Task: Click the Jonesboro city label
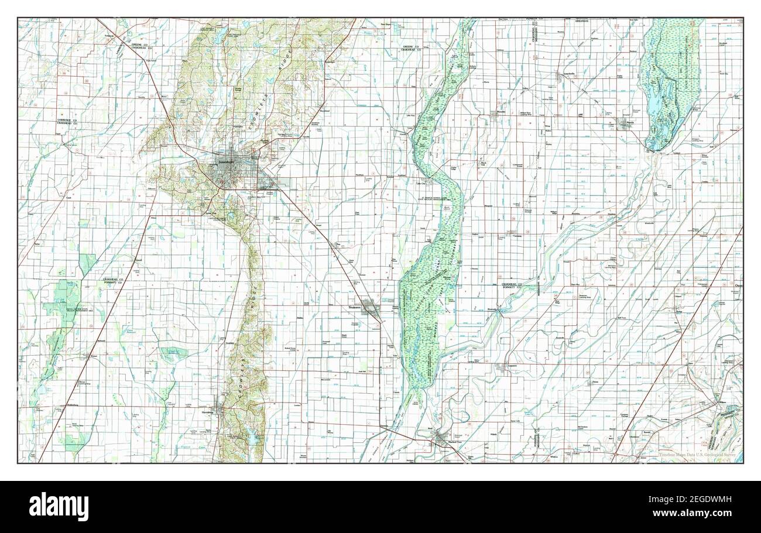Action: point(225,161)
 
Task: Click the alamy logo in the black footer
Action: point(59,507)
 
